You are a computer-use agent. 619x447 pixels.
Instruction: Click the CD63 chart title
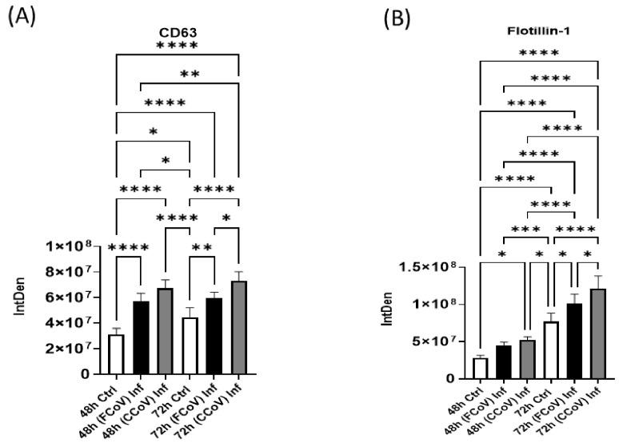point(176,33)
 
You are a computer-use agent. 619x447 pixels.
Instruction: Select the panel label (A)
point(22,17)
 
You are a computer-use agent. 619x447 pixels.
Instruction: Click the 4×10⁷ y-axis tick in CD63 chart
point(71,323)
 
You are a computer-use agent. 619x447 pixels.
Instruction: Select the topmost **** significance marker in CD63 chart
point(177,46)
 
